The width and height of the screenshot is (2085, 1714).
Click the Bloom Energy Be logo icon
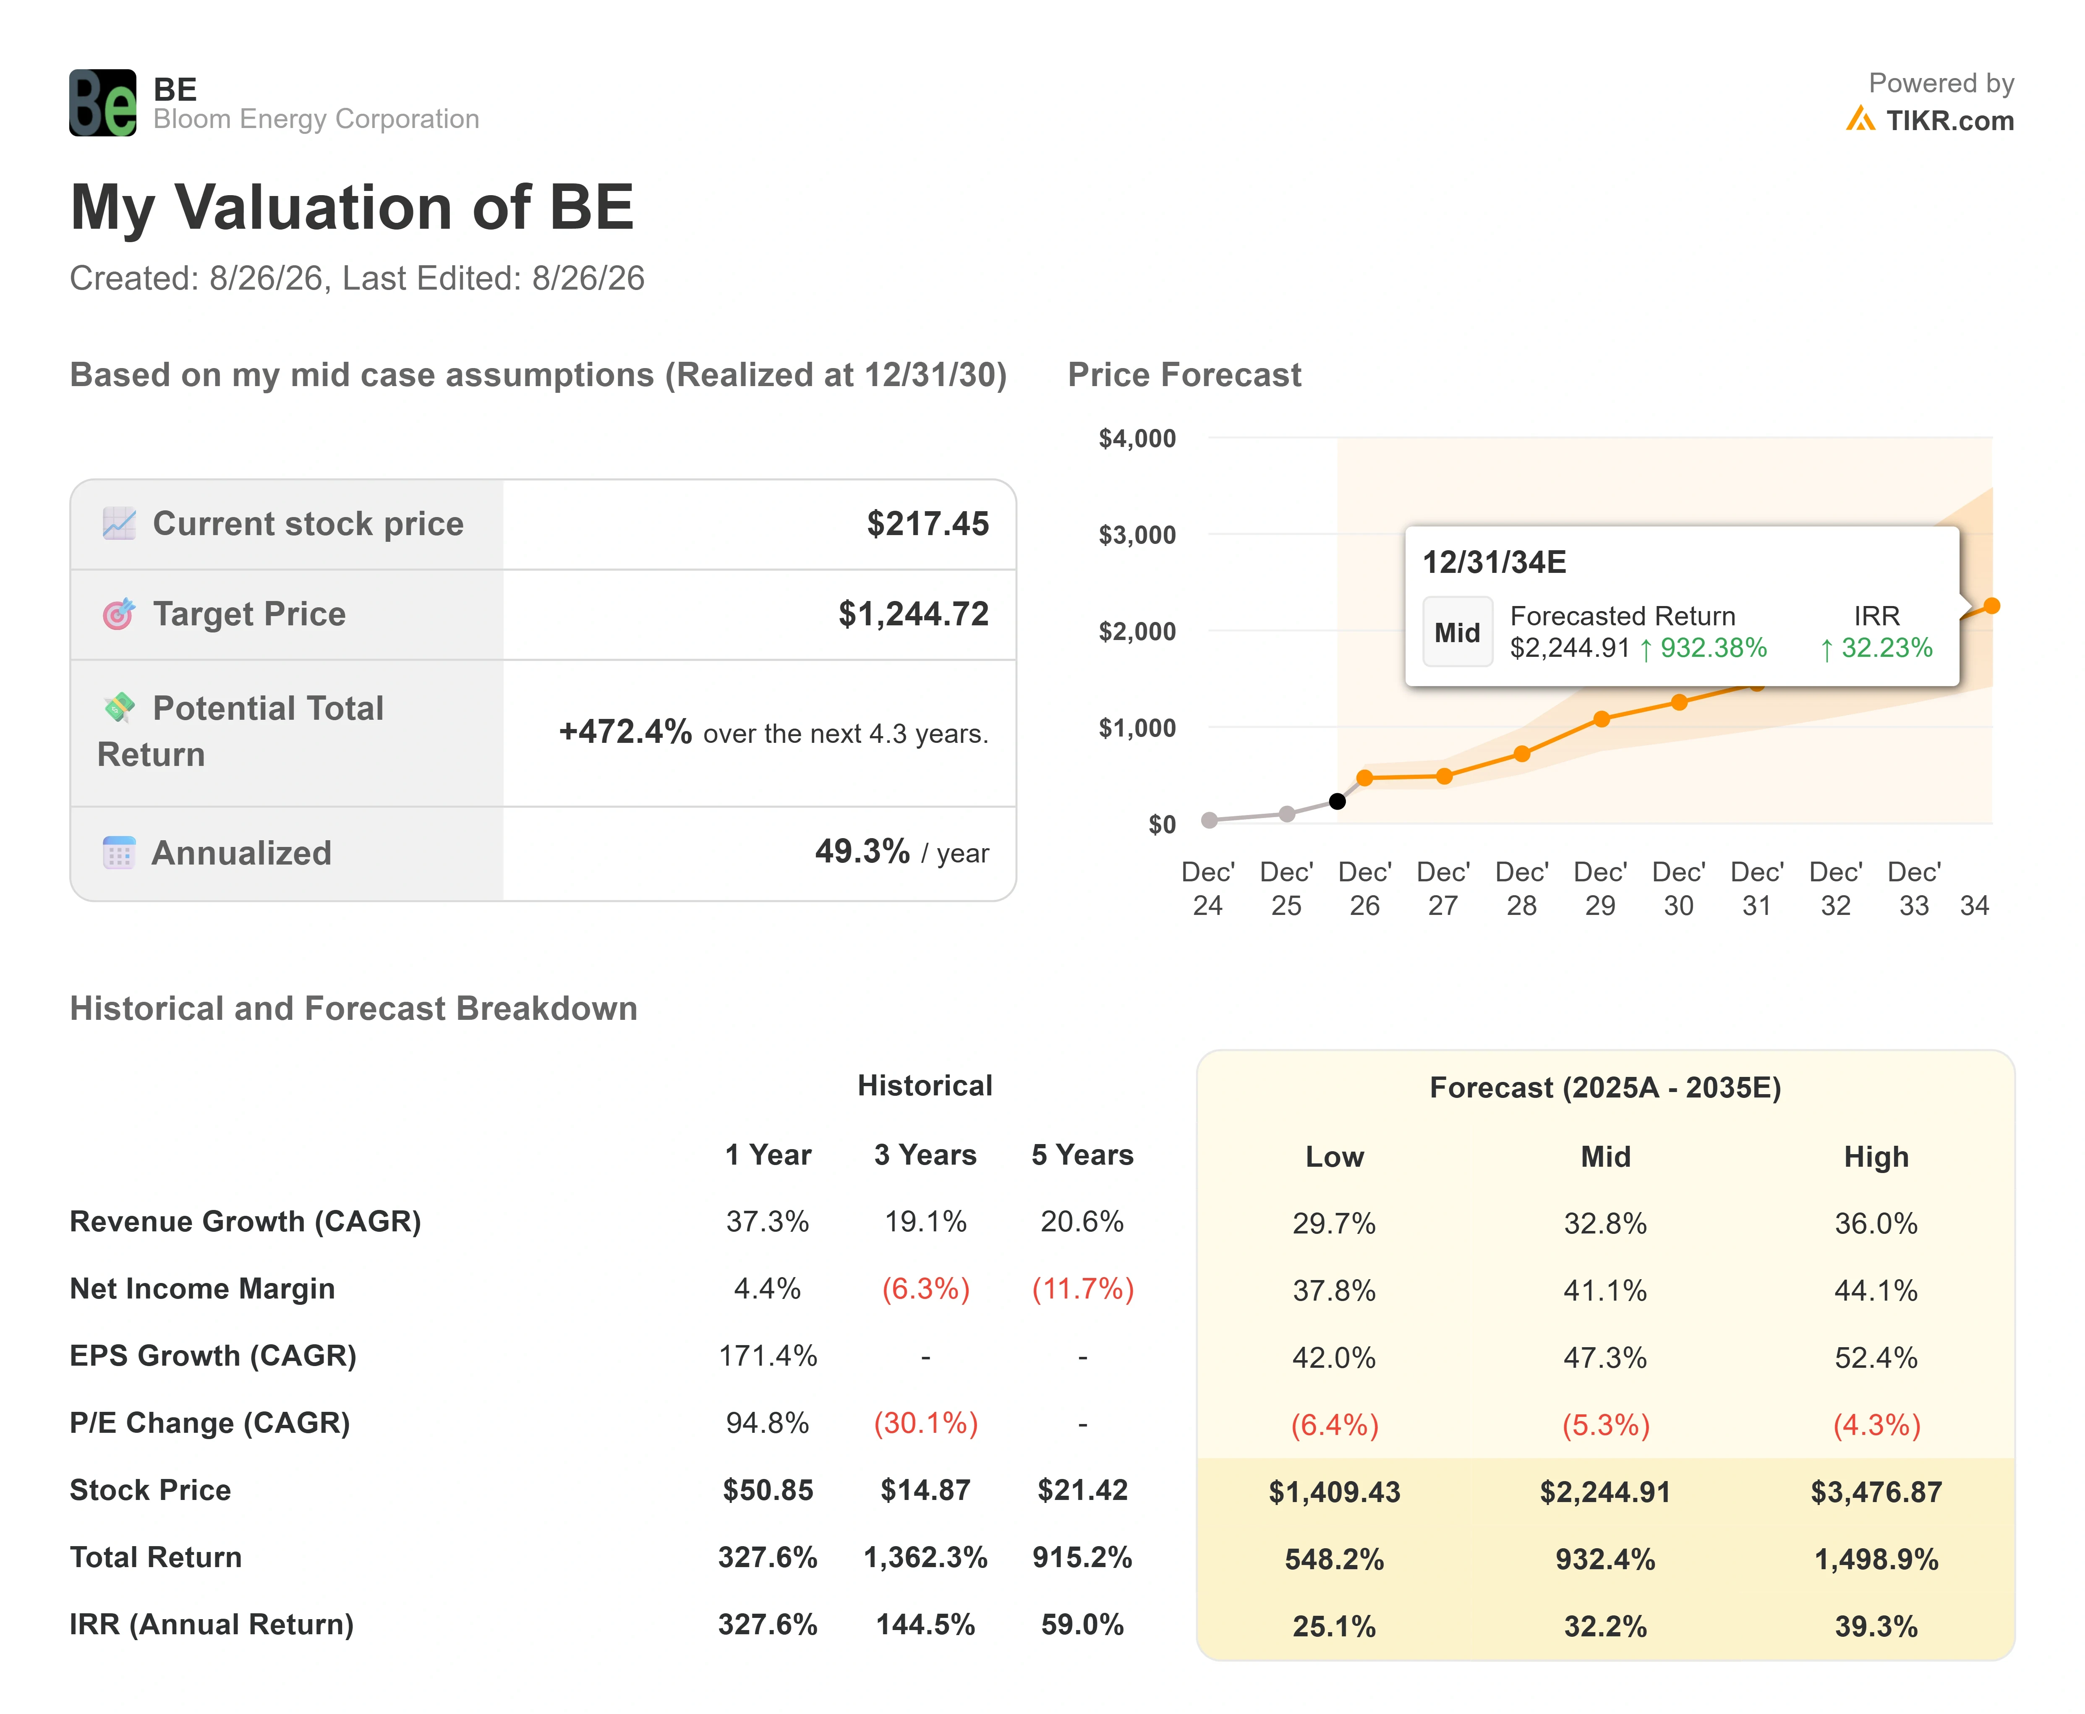click(x=103, y=103)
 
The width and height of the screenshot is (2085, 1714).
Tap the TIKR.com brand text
click(x=1950, y=120)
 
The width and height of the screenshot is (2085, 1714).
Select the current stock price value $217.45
click(x=928, y=523)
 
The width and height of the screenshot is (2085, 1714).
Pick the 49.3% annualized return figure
click(x=862, y=851)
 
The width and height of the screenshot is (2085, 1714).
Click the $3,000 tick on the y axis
click(x=1137, y=535)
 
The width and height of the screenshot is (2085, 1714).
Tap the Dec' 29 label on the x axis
click(x=1600, y=888)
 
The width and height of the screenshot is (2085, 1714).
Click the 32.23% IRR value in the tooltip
click(x=1876, y=648)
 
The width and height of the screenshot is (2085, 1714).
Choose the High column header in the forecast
click(x=1876, y=1157)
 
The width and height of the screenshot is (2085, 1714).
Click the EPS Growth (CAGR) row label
click(x=213, y=1356)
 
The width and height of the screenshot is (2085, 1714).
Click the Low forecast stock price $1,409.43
click(x=1335, y=1492)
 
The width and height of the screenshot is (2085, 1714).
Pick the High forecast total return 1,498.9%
click(x=1876, y=1559)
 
